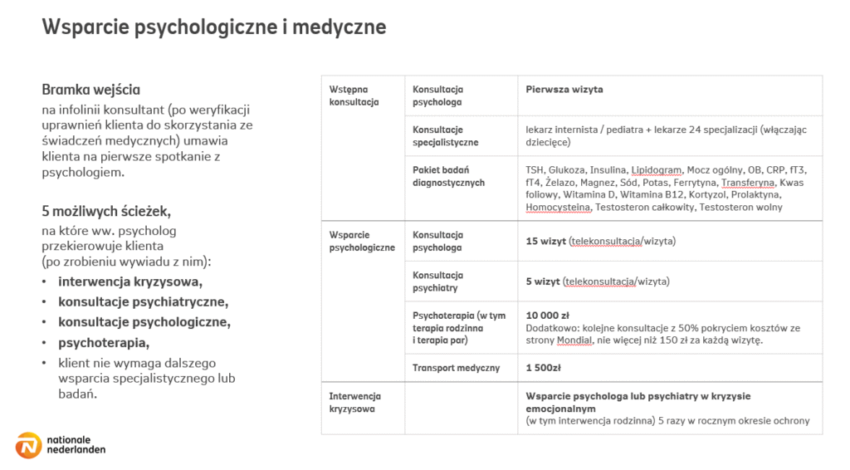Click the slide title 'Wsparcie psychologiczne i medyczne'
[214, 27]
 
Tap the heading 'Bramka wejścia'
[90, 90]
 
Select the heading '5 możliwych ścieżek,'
[106, 211]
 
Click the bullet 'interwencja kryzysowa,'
[130, 282]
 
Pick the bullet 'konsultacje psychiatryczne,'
[143, 301]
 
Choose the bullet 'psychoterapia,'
[104, 342]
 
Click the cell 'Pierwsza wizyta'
[564, 90]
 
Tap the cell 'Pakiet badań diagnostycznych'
[448, 176]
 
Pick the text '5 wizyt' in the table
[542, 282]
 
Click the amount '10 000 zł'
[547, 316]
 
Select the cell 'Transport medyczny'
[456, 368]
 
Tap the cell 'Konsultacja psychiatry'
[437, 282]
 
